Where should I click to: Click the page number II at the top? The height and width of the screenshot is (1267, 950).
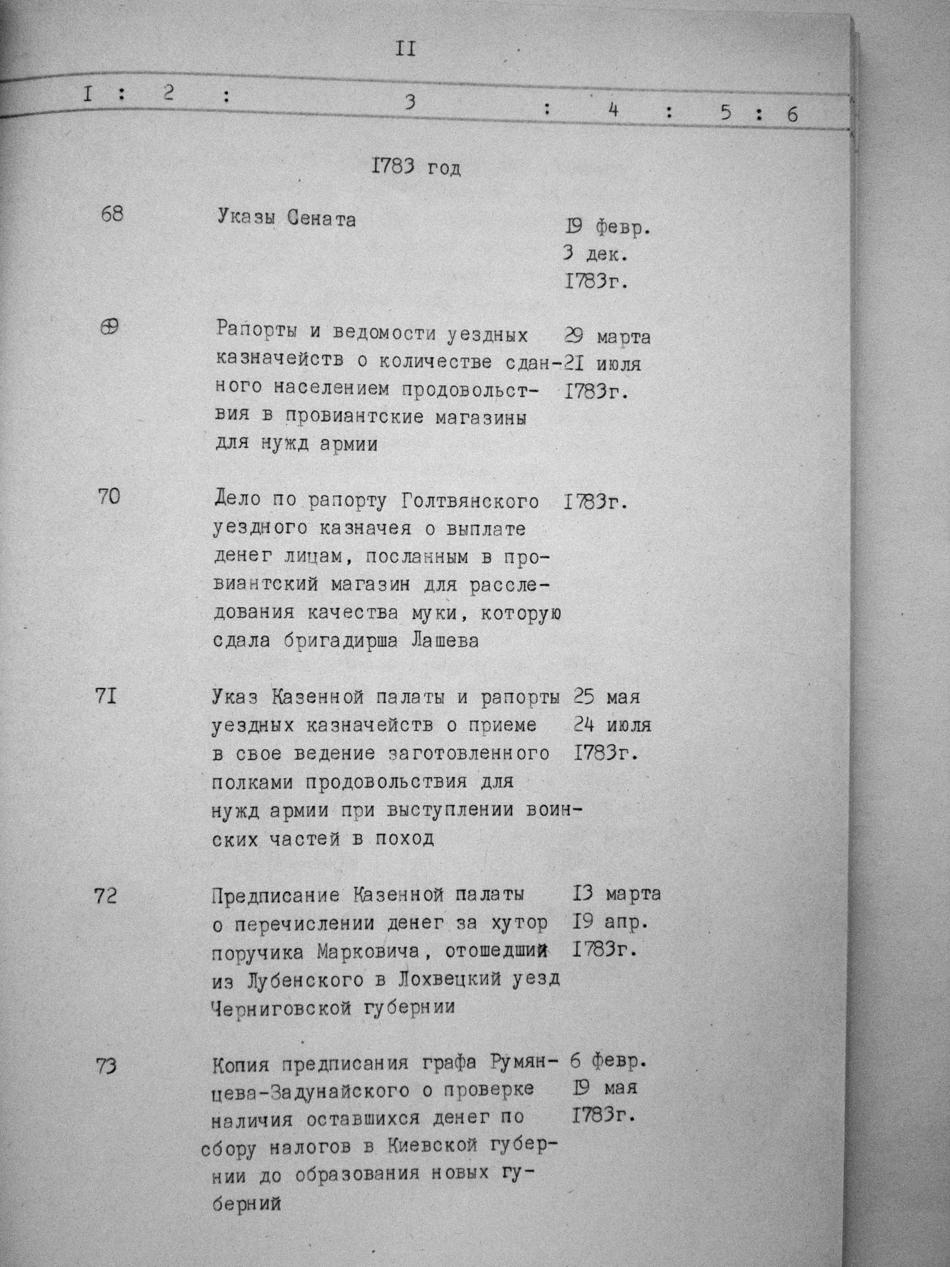point(405,49)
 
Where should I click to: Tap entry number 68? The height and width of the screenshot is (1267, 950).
point(111,216)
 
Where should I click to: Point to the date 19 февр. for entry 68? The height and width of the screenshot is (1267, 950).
point(607,228)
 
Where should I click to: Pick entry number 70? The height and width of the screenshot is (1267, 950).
point(109,496)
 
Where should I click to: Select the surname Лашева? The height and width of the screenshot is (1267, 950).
point(446,641)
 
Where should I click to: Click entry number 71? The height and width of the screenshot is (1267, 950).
point(107,698)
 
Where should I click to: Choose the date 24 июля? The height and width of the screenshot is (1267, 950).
point(611,725)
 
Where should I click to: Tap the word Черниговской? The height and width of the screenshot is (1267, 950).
point(281,1007)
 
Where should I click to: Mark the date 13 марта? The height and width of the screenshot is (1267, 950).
point(616,894)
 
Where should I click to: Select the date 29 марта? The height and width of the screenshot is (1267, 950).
point(607,337)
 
